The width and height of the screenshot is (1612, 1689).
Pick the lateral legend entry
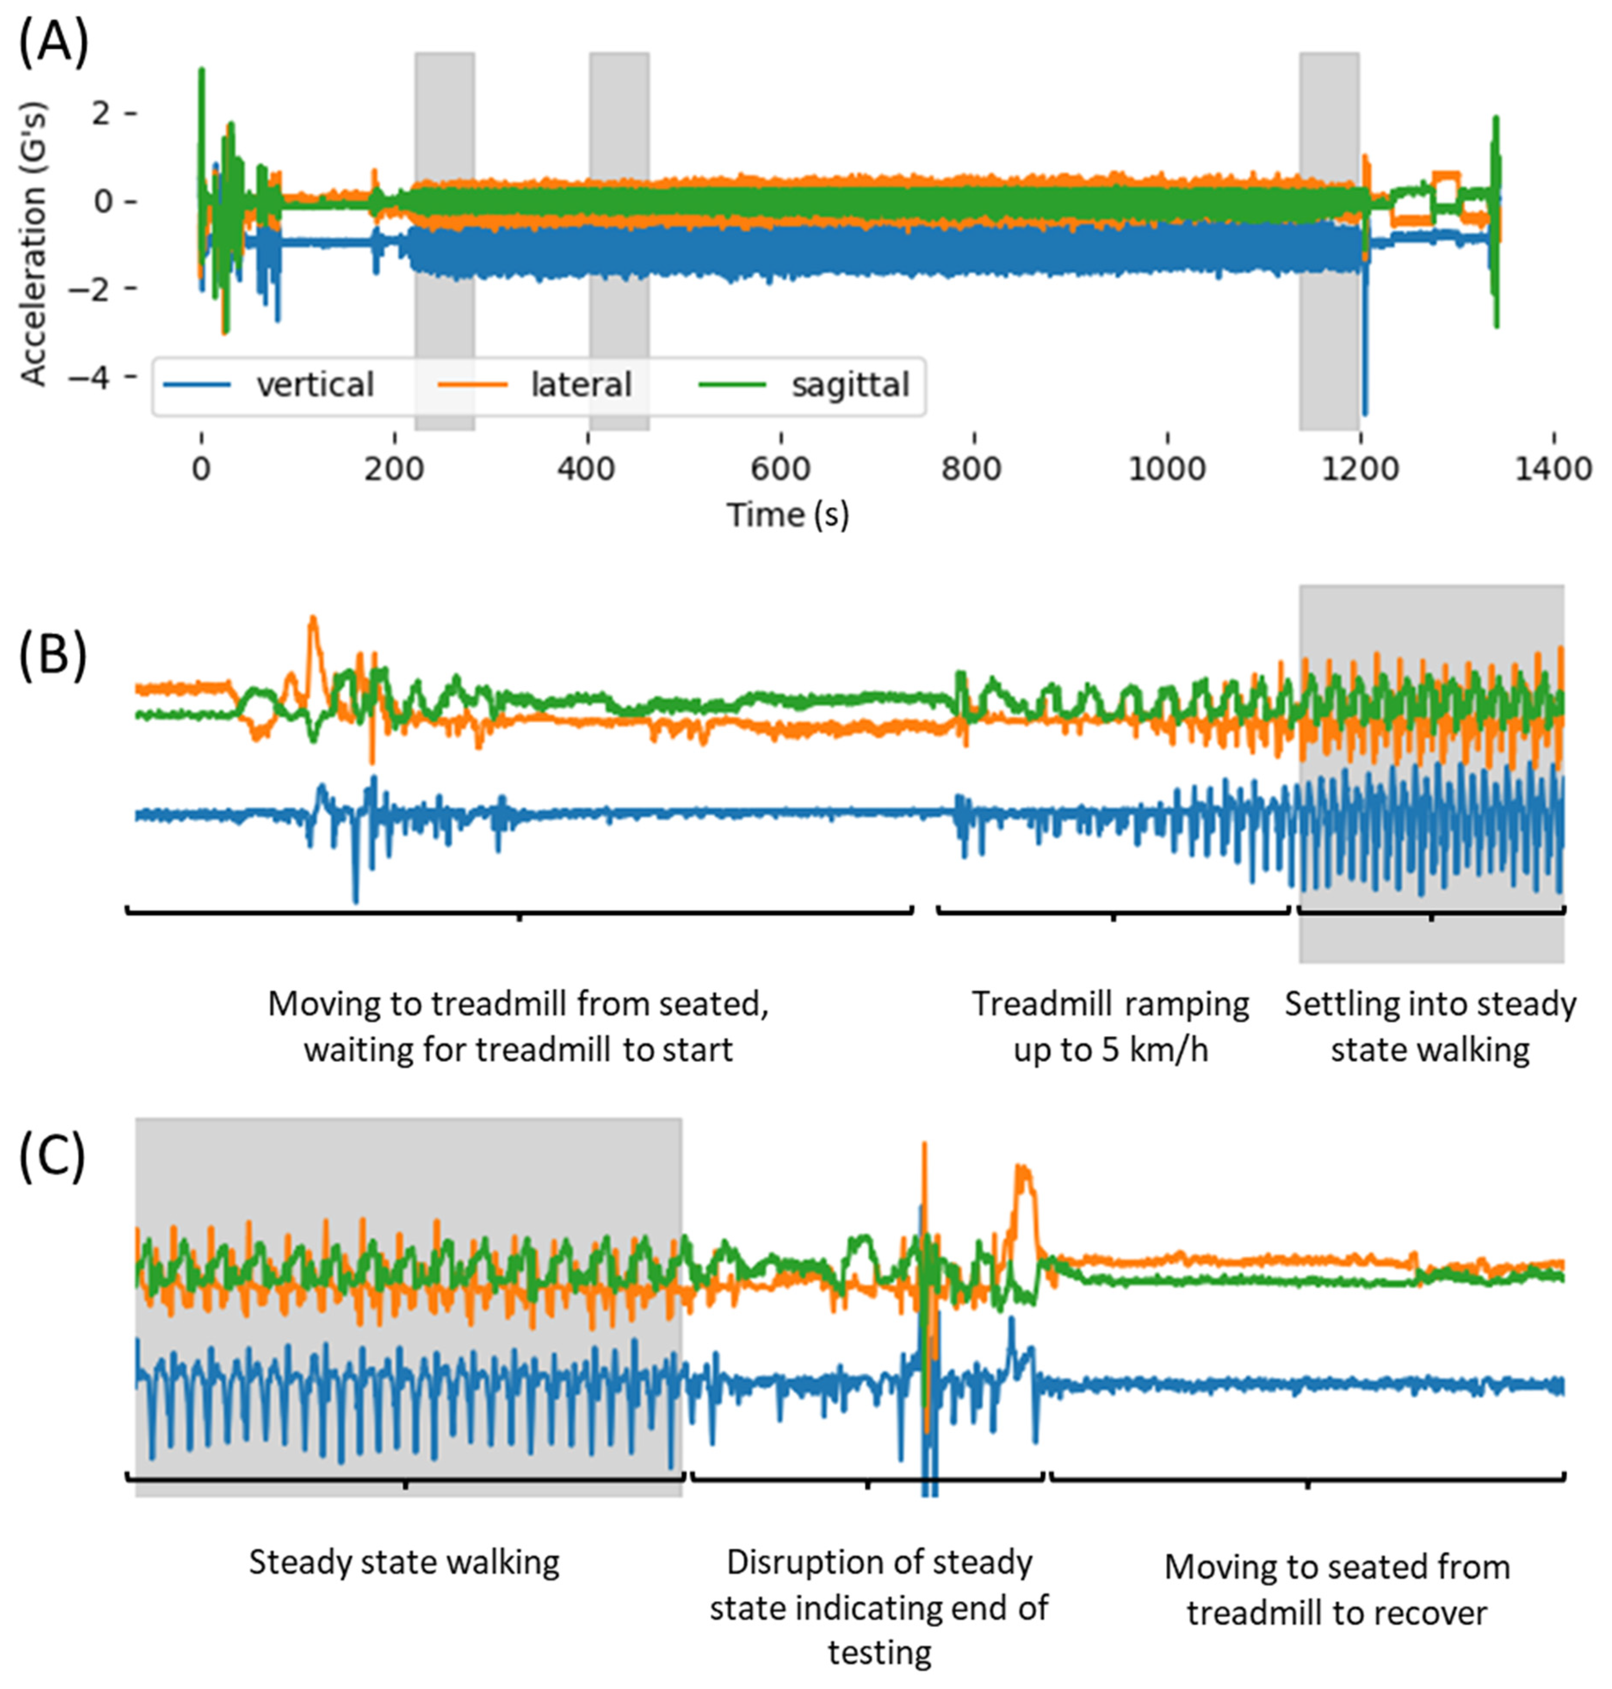[x=581, y=385]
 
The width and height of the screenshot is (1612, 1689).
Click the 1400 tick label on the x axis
[x=1553, y=469]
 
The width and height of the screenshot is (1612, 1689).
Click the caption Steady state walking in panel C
[x=404, y=1562]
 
